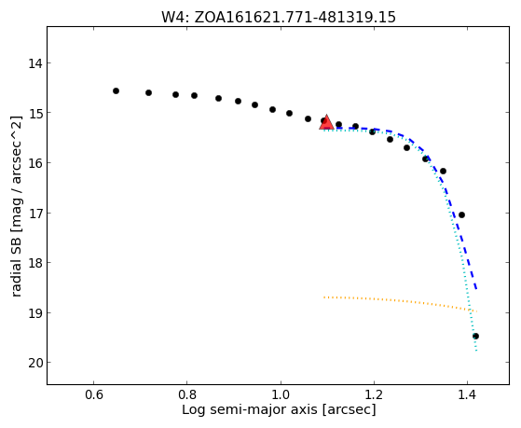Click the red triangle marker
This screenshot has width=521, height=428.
coord(326,122)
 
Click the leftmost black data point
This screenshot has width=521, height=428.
coord(116,90)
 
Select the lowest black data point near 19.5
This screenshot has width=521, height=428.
coord(476,337)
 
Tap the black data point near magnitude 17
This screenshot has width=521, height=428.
coord(461,214)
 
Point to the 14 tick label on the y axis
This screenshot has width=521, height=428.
coord(34,63)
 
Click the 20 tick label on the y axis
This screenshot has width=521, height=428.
coord(34,363)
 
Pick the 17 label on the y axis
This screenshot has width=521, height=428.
coord(34,214)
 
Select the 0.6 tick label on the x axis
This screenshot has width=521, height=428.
coord(94,394)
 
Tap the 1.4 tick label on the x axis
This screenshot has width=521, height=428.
coord(467,394)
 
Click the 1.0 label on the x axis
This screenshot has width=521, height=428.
coord(281,394)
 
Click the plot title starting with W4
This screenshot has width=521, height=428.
coord(279,17)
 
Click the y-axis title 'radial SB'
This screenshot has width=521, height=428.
coord(16,206)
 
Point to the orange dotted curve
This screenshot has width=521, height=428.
coord(399,300)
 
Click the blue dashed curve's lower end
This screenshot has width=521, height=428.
coord(476,289)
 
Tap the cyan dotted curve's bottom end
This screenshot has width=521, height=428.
coord(476,351)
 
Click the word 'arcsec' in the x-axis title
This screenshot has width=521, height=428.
coord(349,409)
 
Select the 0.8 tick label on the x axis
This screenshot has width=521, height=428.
coord(187,394)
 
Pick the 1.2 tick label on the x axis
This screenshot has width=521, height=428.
coord(374,394)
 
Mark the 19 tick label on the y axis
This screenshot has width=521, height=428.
coord(34,313)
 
